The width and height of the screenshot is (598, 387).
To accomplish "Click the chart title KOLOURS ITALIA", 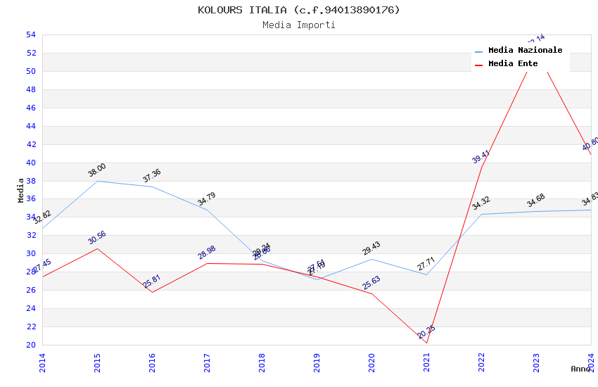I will coord(298,10).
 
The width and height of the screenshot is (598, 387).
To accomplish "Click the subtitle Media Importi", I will coord(298,25).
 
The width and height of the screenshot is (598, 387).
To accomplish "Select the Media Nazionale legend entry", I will coord(525,51).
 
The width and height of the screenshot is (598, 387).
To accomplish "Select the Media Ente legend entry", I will coord(513,64).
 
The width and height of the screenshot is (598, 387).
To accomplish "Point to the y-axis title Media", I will coord(21,190).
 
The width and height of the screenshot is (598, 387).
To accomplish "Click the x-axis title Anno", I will coord(581,369).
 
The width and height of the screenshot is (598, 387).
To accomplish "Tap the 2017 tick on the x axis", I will coord(207,362).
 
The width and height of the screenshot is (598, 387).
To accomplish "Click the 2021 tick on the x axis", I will coord(426,362).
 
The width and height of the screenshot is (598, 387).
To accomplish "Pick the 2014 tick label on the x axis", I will coord(42,362).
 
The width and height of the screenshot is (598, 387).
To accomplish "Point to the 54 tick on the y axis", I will coord(30,34).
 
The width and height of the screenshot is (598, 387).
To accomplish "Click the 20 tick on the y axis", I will coord(30,345).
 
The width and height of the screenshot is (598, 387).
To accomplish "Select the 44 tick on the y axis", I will coord(30,126).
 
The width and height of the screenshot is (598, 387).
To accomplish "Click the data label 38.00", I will coord(97,170).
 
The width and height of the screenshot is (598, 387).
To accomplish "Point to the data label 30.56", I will coord(97,238).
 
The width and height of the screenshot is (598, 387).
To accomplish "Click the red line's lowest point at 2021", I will coord(426,343).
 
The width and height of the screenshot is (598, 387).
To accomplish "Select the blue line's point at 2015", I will coord(97,181).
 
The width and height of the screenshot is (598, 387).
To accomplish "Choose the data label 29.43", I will coord(371,248).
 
